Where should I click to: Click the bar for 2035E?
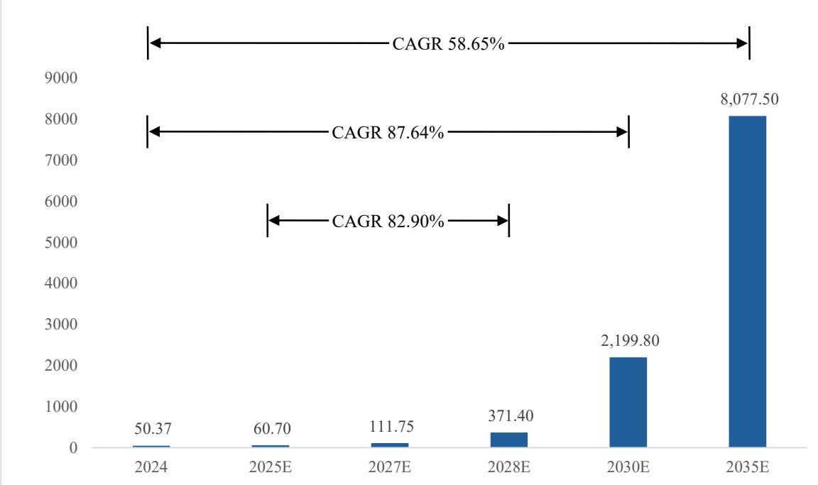(748, 282)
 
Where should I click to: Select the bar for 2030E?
(628, 402)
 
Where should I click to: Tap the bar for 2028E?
(508, 440)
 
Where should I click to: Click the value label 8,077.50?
(749, 99)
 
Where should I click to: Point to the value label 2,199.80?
(631, 341)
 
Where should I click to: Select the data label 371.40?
(511, 415)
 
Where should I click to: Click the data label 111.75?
(391, 427)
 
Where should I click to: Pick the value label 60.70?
(272, 429)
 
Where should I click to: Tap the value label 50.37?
(153, 429)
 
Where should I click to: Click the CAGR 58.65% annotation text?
(449, 44)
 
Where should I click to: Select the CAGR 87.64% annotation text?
(388, 133)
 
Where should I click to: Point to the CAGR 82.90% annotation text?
(388, 221)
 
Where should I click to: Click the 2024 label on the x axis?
(151, 467)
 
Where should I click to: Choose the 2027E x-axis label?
(390, 467)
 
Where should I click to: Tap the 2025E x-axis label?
(271, 467)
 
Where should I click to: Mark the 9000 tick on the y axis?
(61, 78)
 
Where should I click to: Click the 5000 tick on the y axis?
(61, 243)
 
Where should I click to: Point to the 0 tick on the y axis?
(73, 448)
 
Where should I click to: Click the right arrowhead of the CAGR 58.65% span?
(742, 43)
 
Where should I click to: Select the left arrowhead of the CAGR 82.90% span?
(274, 221)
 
